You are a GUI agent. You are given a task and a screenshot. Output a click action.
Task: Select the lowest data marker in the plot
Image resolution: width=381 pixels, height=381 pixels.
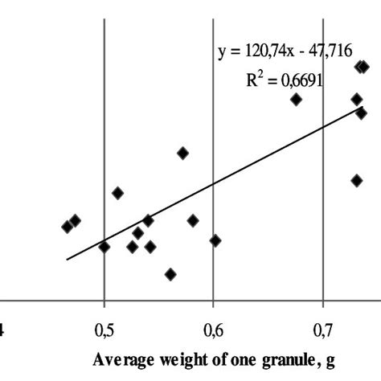170,274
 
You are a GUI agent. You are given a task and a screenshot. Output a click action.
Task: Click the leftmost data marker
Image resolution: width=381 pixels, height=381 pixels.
67,227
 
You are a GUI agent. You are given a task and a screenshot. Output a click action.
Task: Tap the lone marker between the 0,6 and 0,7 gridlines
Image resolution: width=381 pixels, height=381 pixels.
296,99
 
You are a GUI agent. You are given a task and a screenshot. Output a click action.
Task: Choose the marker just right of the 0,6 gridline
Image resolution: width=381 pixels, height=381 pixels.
215,240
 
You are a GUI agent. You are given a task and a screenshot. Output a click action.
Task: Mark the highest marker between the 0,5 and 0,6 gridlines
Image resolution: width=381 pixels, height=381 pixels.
183,153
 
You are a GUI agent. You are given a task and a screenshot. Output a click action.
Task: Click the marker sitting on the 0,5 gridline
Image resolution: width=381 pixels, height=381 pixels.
104,247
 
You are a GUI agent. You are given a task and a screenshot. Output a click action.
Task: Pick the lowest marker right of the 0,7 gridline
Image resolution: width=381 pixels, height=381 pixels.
357,181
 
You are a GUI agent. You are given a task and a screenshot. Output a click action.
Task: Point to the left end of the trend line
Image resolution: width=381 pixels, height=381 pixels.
67,260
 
